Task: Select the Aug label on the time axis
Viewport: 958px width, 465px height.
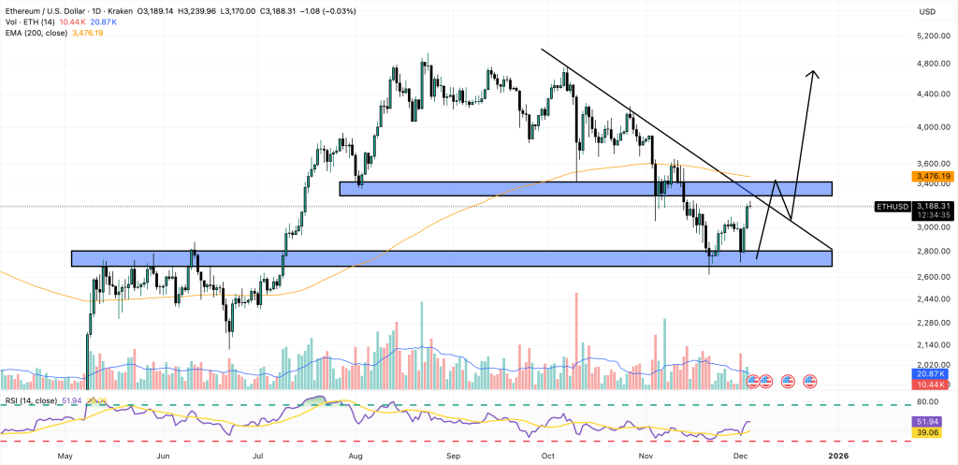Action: point(356,456)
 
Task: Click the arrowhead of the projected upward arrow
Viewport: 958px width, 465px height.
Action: point(814,74)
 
